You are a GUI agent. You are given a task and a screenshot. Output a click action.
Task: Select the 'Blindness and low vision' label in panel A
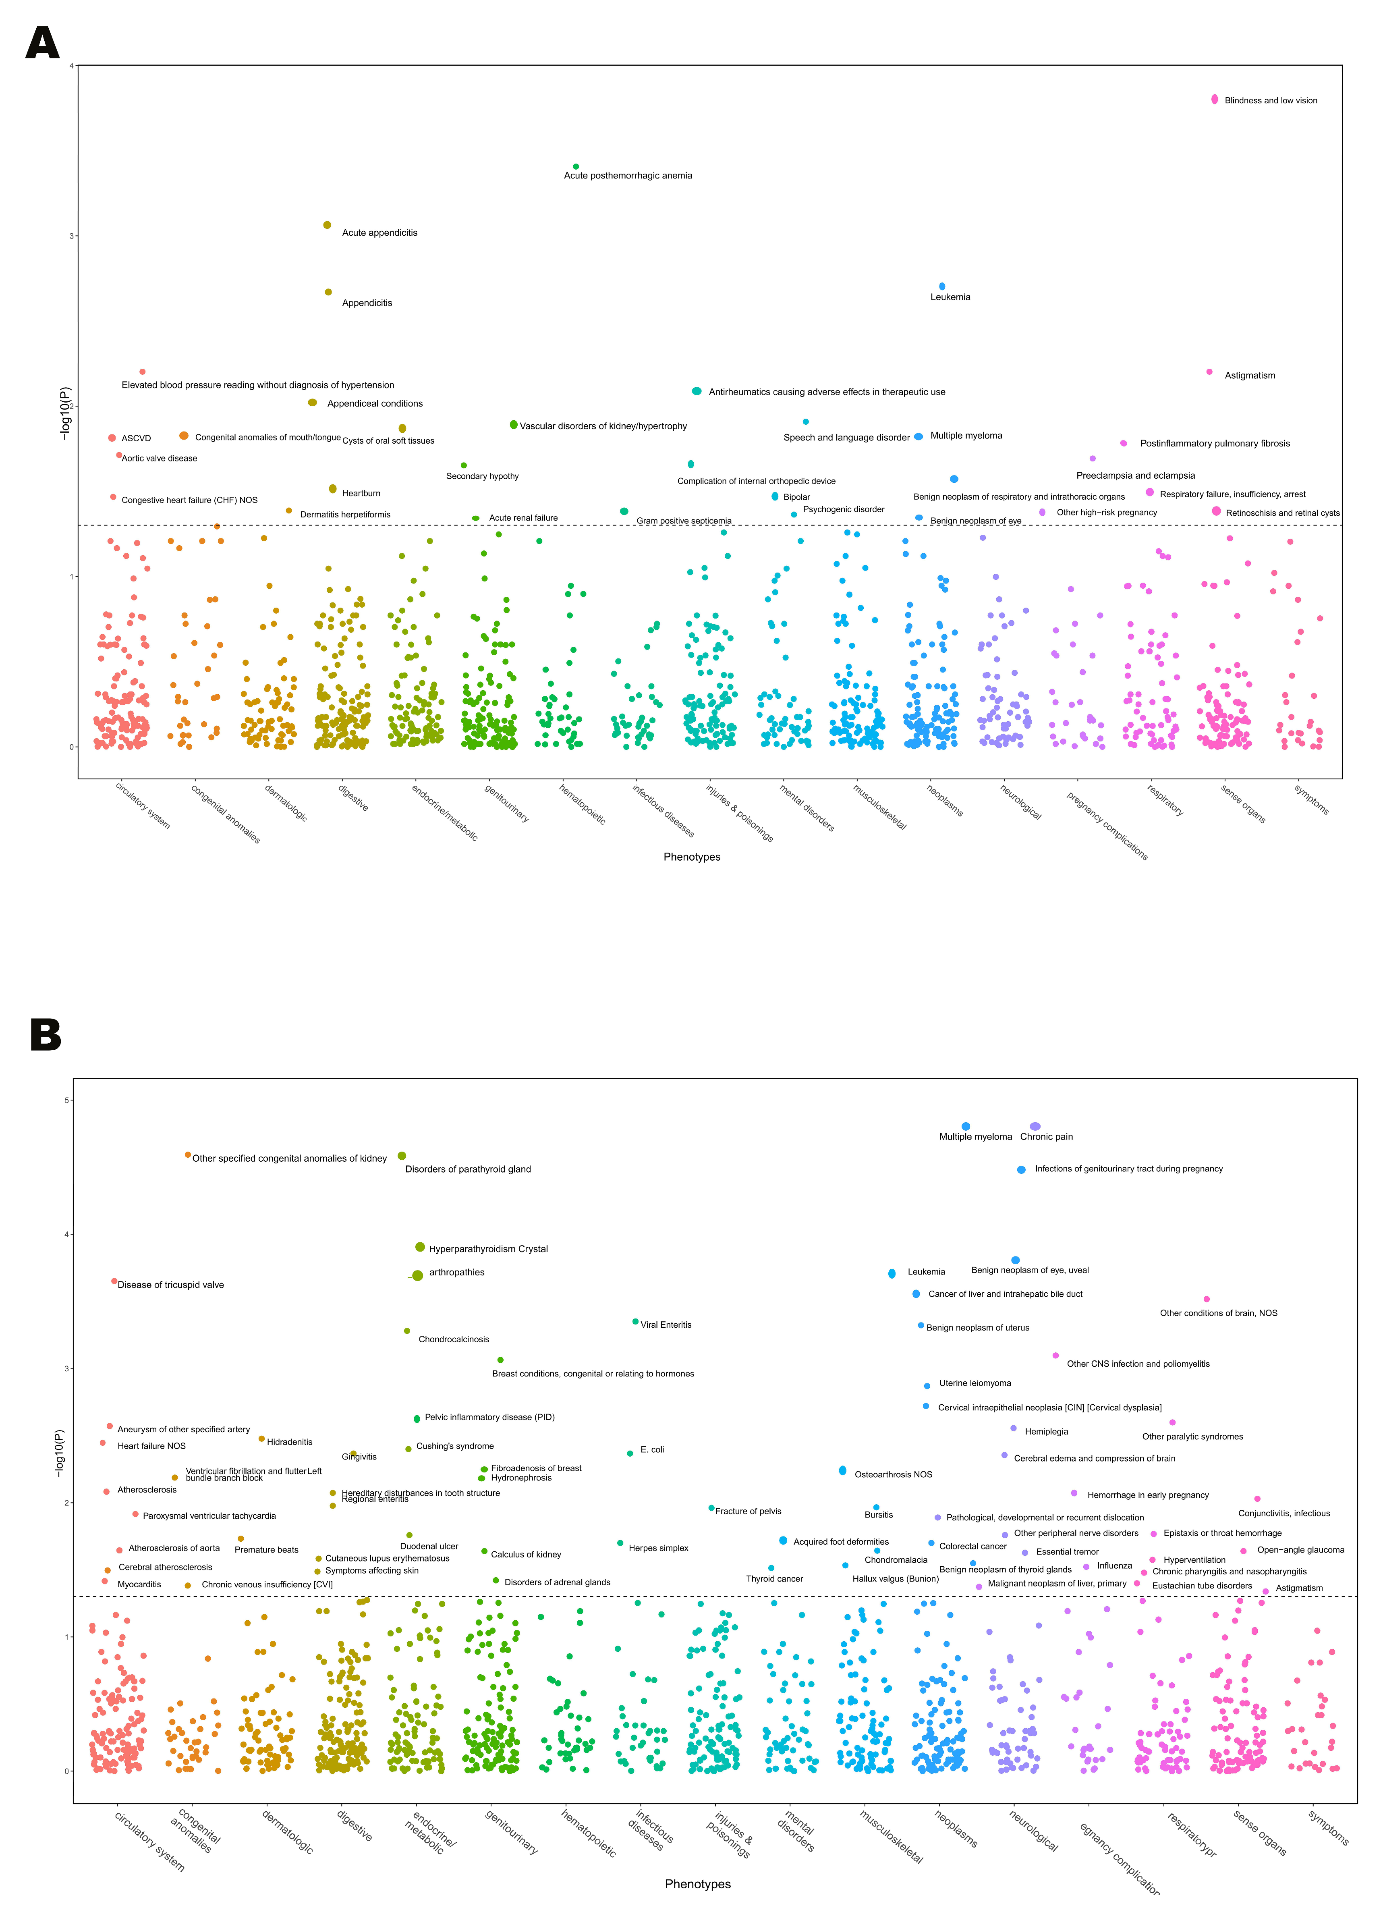(1270, 101)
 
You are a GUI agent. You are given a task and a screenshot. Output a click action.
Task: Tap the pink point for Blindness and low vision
(1214, 99)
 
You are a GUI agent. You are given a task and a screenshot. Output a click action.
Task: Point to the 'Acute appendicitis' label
(379, 233)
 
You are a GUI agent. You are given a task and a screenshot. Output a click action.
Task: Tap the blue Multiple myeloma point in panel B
(966, 1126)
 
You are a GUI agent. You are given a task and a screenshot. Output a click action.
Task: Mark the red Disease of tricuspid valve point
(114, 1281)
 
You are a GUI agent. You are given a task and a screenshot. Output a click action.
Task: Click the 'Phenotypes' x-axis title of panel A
(691, 857)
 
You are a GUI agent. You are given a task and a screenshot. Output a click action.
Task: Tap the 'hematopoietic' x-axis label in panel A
(582, 804)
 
